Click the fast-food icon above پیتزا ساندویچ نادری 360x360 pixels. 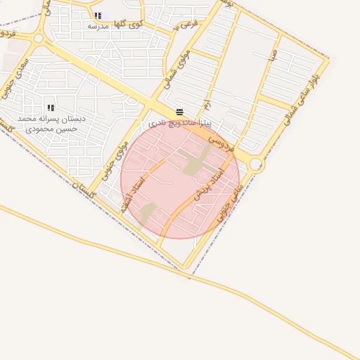tap(179, 112)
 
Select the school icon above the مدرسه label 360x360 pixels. tap(98, 15)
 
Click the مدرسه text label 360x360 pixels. tap(98, 26)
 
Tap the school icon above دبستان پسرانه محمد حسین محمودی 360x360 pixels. tap(51, 108)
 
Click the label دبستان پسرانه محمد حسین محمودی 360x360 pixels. tap(51, 124)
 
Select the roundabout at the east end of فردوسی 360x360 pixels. tap(256, 165)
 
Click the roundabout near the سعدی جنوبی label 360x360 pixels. tap(38, 39)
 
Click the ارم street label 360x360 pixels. tap(206, 105)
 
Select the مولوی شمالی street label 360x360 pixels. tap(169, 71)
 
